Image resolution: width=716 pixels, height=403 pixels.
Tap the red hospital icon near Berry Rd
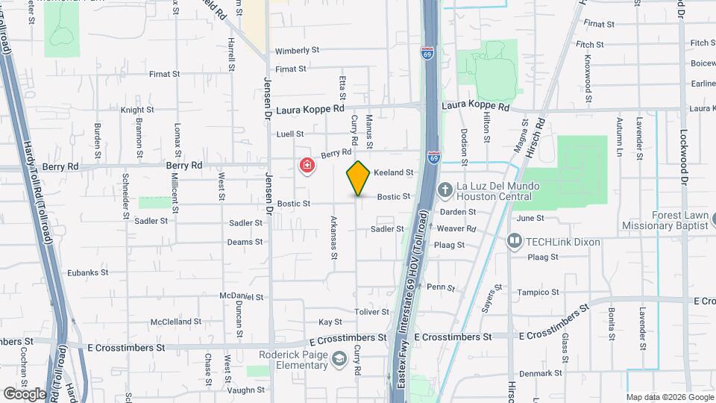(306, 165)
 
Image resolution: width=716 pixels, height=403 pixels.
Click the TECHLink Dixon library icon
(515, 241)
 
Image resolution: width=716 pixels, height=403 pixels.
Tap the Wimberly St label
(297, 51)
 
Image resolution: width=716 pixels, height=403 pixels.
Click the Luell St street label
(290, 134)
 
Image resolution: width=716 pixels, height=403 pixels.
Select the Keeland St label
(393, 172)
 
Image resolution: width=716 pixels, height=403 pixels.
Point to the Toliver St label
(372, 312)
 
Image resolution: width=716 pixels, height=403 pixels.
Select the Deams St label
(245, 242)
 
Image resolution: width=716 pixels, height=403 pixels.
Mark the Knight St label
(136, 110)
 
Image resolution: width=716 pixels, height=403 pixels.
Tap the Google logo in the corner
(25, 393)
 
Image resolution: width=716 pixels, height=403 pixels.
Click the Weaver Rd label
(456, 228)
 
